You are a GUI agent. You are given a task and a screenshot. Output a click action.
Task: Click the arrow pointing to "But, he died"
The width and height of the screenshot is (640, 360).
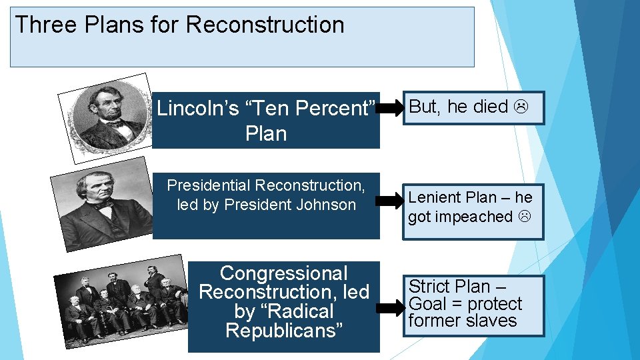[x=392, y=107]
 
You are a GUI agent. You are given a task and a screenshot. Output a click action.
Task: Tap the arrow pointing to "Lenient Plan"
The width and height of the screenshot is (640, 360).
[x=392, y=199]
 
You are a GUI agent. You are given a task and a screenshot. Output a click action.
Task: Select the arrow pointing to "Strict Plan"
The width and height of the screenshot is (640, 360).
[x=392, y=306]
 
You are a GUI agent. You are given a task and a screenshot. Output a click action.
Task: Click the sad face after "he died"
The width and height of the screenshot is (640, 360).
[x=521, y=107]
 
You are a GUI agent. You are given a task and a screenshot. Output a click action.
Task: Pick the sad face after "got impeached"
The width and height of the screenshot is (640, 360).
[x=524, y=217]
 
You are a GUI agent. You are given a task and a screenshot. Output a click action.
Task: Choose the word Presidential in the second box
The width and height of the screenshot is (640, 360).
[x=209, y=185]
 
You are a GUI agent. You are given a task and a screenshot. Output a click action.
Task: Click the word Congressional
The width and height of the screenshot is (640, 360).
[x=283, y=273]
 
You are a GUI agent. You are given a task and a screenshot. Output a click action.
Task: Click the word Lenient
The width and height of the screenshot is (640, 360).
[x=434, y=197]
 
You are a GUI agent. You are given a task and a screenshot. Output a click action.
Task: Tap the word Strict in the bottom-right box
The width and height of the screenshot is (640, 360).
[x=428, y=287]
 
